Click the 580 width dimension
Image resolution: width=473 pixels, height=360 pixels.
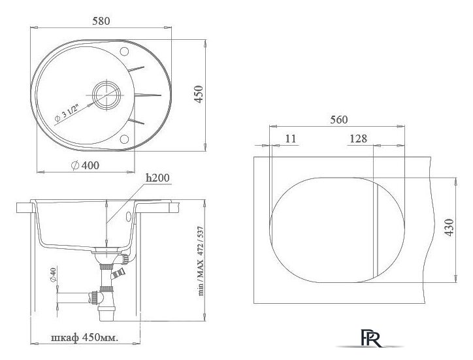pos(101,21)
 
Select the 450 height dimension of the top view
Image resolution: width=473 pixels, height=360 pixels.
pos(199,95)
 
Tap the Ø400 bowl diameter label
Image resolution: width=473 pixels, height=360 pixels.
pos(85,165)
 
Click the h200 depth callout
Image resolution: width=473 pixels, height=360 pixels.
pos(157,178)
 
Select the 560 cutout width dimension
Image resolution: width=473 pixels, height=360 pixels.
pos(339,120)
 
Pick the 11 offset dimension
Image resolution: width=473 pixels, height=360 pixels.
pos(291,139)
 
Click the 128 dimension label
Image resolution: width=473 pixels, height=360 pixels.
pos(359,139)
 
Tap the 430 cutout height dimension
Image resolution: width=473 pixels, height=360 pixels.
pos(449,227)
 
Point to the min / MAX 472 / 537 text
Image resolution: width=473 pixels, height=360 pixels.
pos(201,261)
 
